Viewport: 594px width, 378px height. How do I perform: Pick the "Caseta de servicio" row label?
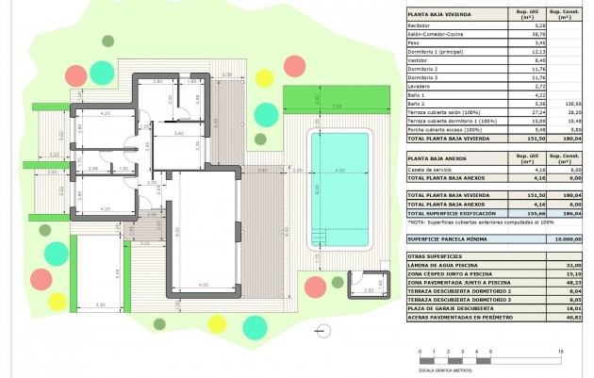(x=428, y=170)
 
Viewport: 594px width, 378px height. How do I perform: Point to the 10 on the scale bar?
(x=561, y=351)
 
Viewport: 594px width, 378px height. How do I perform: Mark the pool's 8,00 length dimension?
(x=318, y=189)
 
